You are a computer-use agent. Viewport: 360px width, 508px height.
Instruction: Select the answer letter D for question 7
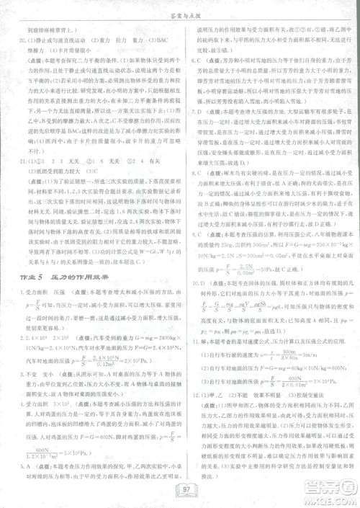pyautogui.click(x=203, y=133)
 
